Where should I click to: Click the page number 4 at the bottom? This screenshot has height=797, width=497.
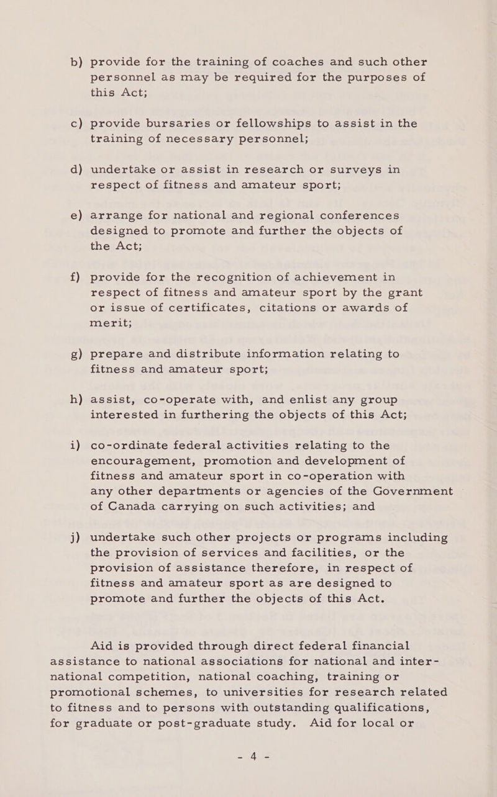tap(248, 757)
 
